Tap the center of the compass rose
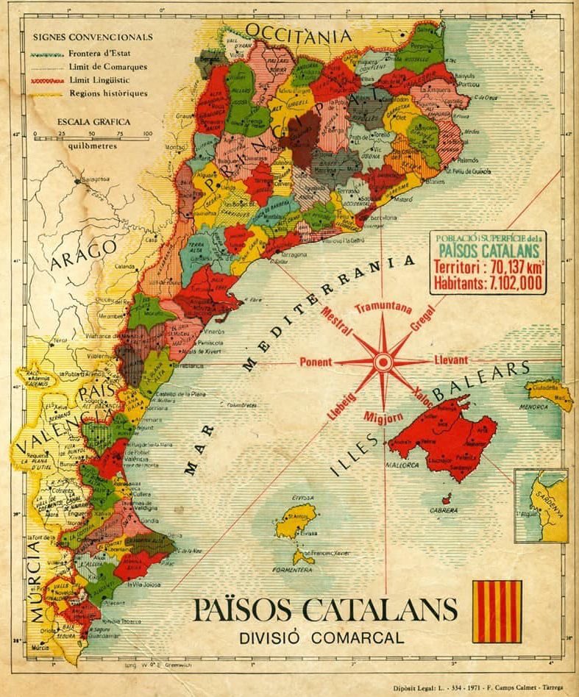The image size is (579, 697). pyautogui.click(x=383, y=362)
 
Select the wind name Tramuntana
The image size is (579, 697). pyautogui.click(x=383, y=309)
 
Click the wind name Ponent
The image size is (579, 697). pyautogui.click(x=316, y=362)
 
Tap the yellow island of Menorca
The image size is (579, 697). pyautogui.click(x=550, y=393)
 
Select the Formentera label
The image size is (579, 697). pyautogui.click(x=294, y=570)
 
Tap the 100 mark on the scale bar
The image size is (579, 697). pyautogui.click(x=146, y=134)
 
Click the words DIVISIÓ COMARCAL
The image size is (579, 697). pyautogui.click(x=322, y=637)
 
